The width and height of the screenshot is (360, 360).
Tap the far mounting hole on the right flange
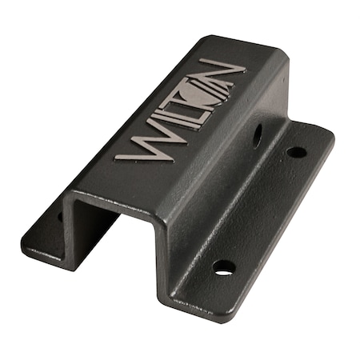pyautogui.click(x=295, y=152)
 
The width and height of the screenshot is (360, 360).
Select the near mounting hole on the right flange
pyautogui.click(x=225, y=267)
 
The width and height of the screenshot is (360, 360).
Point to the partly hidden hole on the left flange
pyautogui.click(x=61, y=214)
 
